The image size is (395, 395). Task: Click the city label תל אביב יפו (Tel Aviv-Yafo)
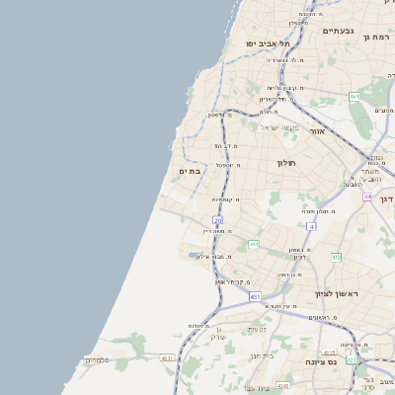click(268, 43)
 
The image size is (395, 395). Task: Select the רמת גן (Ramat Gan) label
click(379, 37)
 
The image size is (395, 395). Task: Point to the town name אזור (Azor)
click(317, 130)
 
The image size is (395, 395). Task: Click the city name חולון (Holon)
click(287, 162)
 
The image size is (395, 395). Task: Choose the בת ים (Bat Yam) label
click(191, 171)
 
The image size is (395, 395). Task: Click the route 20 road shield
click(217, 219)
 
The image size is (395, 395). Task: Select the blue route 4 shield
click(310, 226)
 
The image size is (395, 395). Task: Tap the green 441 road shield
click(254, 243)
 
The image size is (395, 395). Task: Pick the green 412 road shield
click(336, 257)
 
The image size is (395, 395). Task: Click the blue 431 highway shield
click(255, 296)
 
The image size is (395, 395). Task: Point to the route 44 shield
click(367, 197)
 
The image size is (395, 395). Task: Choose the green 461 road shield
click(354, 97)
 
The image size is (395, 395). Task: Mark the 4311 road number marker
click(168, 358)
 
